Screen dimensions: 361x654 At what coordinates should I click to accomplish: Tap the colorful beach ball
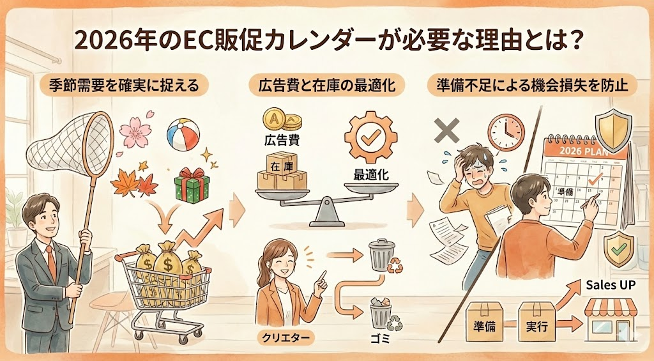pyautogui.click(x=183, y=135)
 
